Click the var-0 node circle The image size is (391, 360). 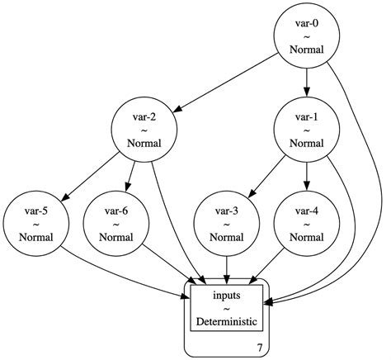coord(307,36)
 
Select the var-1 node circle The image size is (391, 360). coord(307,129)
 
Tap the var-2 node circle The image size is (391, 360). coord(144,129)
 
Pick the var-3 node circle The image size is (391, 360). coord(227,223)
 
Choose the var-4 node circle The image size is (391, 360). coord(307,223)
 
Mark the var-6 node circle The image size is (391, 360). coord(116,223)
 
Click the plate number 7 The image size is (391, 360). coord(261,348)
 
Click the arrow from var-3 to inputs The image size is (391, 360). coord(227,268)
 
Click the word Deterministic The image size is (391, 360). coord(227,320)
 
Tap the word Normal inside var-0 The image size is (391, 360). coord(307,50)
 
